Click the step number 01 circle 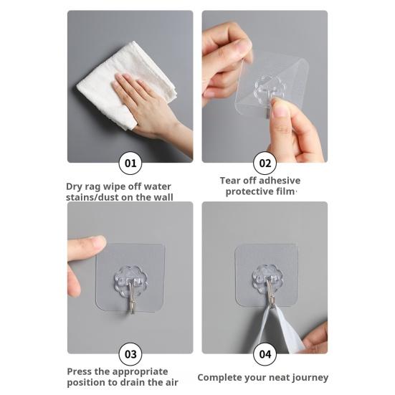pyautogui.click(x=130, y=163)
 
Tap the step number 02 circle pyautogui.click(x=265, y=163)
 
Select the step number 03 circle pyautogui.click(x=130, y=354)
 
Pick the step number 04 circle pyautogui.click(x=265, y=354)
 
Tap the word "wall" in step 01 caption pyautogui.click(x=164, y=197)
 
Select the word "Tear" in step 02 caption pyautogui.click(x=229, y=181)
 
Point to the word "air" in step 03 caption pyautogui.click(x=171, y=382)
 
